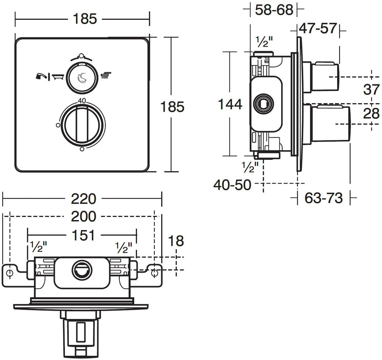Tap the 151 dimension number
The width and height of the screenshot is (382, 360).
click(x=82, y=235)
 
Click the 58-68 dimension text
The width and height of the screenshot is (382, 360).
click(x=274, y=10)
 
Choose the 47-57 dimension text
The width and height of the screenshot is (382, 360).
click(x=318, y=28)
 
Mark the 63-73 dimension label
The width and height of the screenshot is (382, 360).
click(x=323, y=198)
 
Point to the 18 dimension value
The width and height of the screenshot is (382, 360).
click(x=176, y=241)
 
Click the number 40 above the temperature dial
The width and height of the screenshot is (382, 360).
click(x=82, y=100)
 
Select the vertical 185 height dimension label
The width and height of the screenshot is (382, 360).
click(x=172, y=107)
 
